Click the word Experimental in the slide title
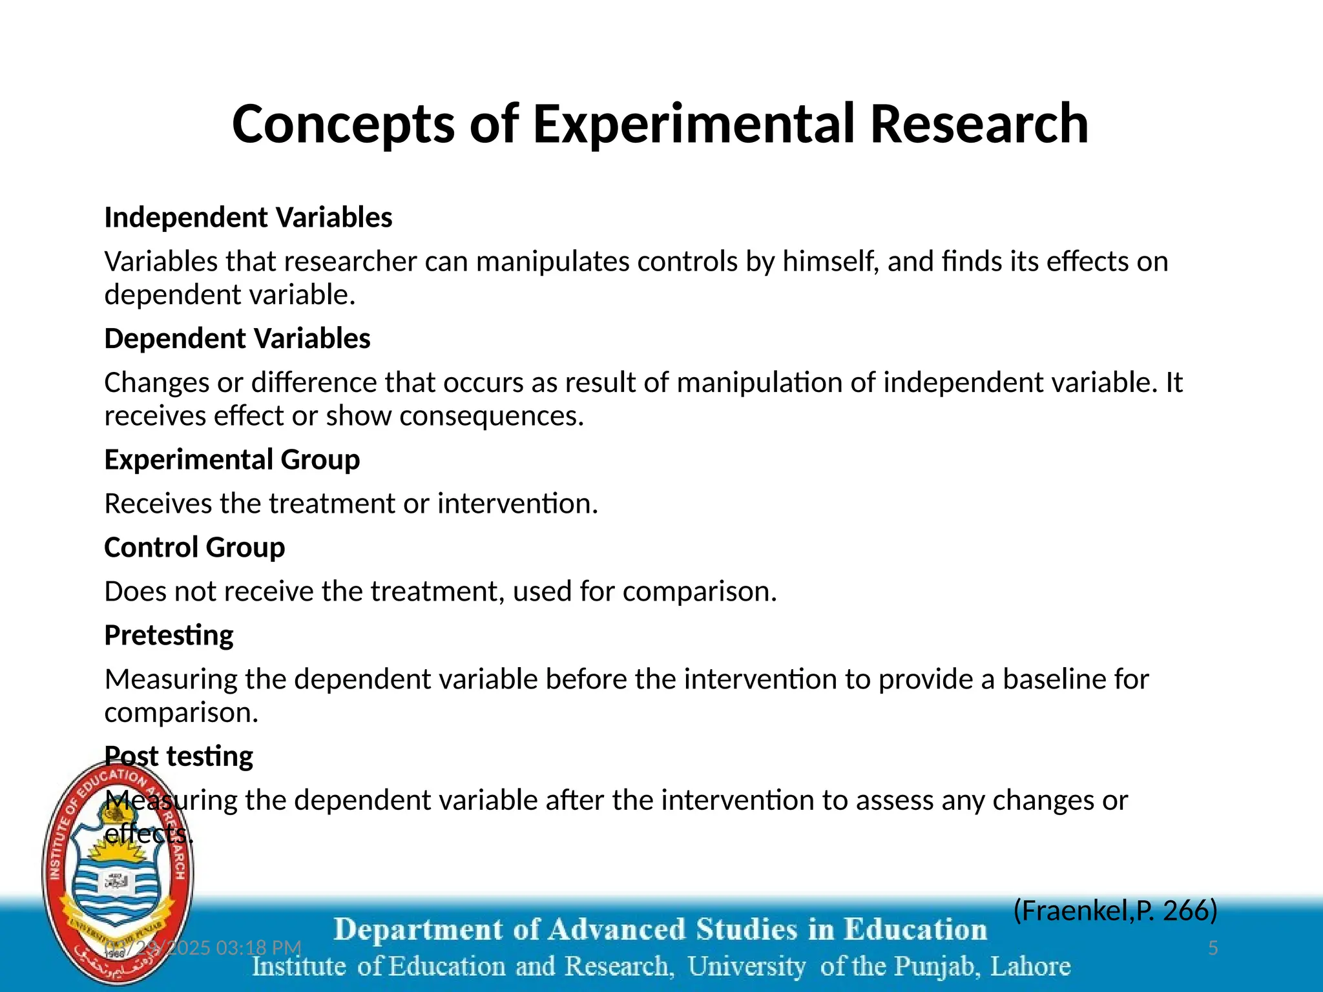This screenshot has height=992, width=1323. click(694, 125)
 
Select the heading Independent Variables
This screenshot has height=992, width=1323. click(248, 218)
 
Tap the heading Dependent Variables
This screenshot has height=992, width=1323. click(237, 338)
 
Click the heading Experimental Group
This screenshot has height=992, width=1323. click(232, 460)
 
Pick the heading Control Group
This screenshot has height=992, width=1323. click(194, 548)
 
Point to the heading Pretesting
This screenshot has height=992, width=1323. click(169, 635)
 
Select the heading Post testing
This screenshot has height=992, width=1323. click(179, 756)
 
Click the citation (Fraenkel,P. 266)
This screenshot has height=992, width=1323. click(1115, 911)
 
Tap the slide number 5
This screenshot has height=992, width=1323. click(1213, 948)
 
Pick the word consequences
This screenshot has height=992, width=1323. click(491, 416)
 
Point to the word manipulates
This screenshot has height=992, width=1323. click(552, 262)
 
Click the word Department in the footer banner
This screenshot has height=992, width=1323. click(418, 930)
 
